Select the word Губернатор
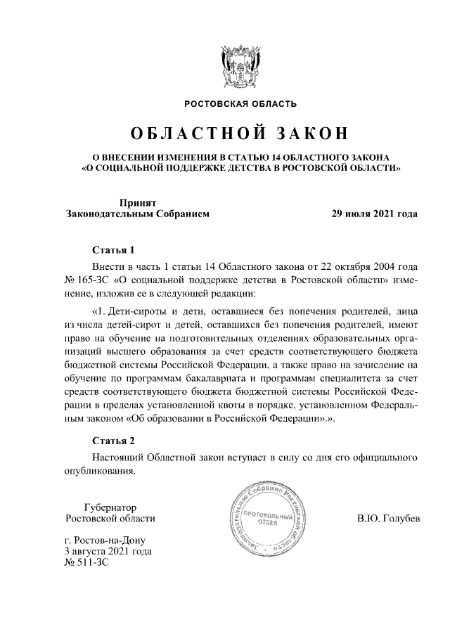click(x=110, y=507)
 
